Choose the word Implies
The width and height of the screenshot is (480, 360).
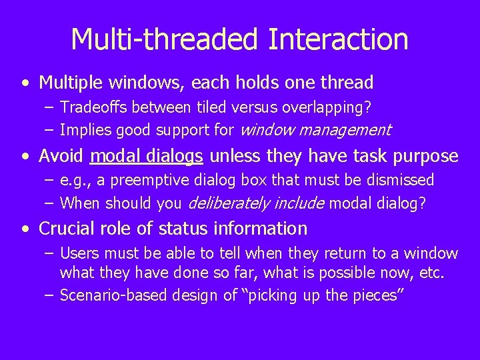[83, 129]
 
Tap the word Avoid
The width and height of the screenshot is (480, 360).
[61, 156]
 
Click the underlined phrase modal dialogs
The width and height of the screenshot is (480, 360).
[147, 156]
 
